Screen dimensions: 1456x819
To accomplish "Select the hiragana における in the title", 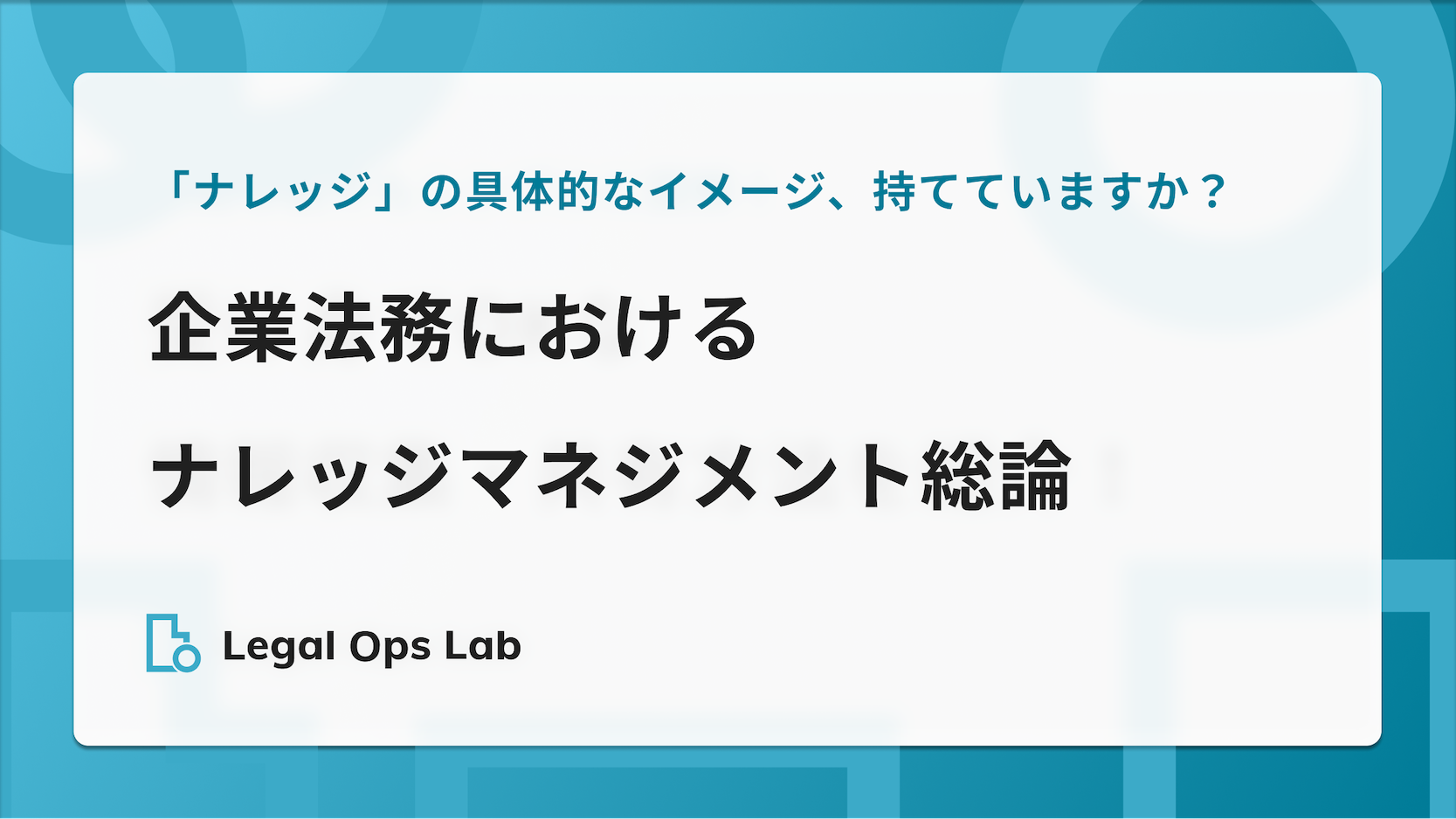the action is [607, 327].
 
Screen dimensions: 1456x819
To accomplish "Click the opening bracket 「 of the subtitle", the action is [176, 189].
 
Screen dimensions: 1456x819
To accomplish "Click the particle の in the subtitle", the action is [441, 192].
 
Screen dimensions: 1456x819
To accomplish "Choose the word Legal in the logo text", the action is [279, 647].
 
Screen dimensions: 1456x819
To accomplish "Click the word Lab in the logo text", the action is [483, 646].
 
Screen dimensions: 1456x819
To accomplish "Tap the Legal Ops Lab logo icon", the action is [174, 643].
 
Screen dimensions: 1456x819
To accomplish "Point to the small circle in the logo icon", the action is [187, 657].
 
